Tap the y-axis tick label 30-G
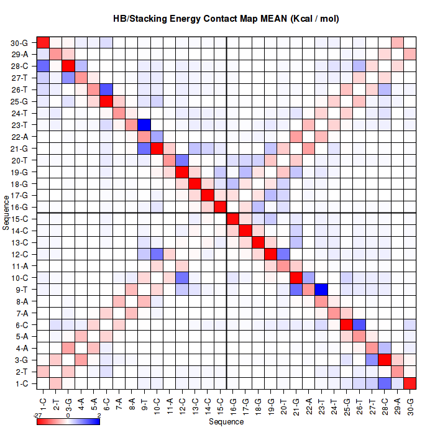coord(19,43)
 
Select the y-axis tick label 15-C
coord(19,219)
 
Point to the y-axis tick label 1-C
coord(21,383)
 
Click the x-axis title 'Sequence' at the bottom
coord(226,422)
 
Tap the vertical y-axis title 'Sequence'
coord(6,213)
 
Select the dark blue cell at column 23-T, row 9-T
coord(322,289)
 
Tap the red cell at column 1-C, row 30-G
coord(43,43)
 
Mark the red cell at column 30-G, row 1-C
coord(410,383)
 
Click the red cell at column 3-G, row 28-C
coord(69,66)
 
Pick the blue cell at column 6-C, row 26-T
coord(107,89)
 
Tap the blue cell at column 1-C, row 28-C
coord(43,66)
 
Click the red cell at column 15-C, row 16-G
coord(221,207)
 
